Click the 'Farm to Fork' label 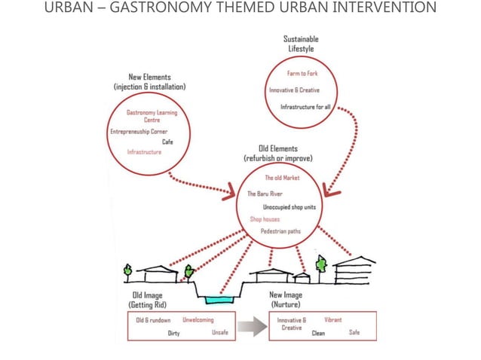[x=302, y=73]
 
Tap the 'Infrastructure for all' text [x=305, y=107]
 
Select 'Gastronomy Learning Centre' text [x=152, y=116]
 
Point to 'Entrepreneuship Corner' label [x=139, y=132]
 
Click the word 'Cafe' [x=167, y=142]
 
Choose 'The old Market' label [x=282, y=178]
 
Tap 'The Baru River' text [x=265, y=194]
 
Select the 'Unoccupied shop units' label [x=290, y=207]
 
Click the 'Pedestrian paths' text [x=280, y=231]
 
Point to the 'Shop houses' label [x=265, y=219]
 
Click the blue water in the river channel [x=219, y=300]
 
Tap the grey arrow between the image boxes [x=252, y=327]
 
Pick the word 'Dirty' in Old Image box [x=173, y=333]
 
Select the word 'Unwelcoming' [x=198, y=320]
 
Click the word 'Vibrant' [x=332, y=320]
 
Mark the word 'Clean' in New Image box [x=318, y=333]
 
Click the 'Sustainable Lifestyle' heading [x=301, y=44]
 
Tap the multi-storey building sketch [x=354, y=271]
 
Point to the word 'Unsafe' [x=220, y=332]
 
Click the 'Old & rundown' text [x=153, y=320]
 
